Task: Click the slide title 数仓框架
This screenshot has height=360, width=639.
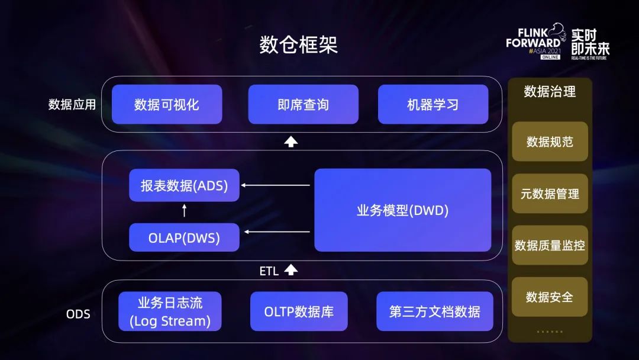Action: (298, 44)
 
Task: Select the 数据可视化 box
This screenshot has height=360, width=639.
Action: (167, 104)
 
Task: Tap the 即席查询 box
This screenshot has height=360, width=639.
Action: (303, 104)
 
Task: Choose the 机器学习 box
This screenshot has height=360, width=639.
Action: (433, 104)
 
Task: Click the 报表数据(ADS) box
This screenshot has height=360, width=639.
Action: (184, 185)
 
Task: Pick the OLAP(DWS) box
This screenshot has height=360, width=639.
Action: (184, 237)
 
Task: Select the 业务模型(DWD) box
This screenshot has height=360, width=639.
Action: (403, 210)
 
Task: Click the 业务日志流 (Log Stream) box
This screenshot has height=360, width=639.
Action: (170, 311)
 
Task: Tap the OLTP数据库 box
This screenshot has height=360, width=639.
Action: (299, 311)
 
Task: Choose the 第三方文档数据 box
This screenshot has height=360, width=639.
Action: (435, 311)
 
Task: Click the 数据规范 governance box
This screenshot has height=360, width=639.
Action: (550, 142)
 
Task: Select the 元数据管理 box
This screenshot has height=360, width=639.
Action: (550, 194)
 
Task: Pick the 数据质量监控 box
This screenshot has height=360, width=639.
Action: (550, 245)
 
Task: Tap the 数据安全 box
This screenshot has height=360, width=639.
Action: (550, 297)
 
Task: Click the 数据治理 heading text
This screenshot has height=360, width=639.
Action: (550, 91)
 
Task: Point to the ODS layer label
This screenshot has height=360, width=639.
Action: (78, 314)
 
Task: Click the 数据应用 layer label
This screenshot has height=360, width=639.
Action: (72, 104)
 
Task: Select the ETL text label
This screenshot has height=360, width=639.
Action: (269, 271)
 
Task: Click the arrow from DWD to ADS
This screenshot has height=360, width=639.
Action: (276, 185)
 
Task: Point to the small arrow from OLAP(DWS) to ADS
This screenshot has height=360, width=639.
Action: (184, 210)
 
